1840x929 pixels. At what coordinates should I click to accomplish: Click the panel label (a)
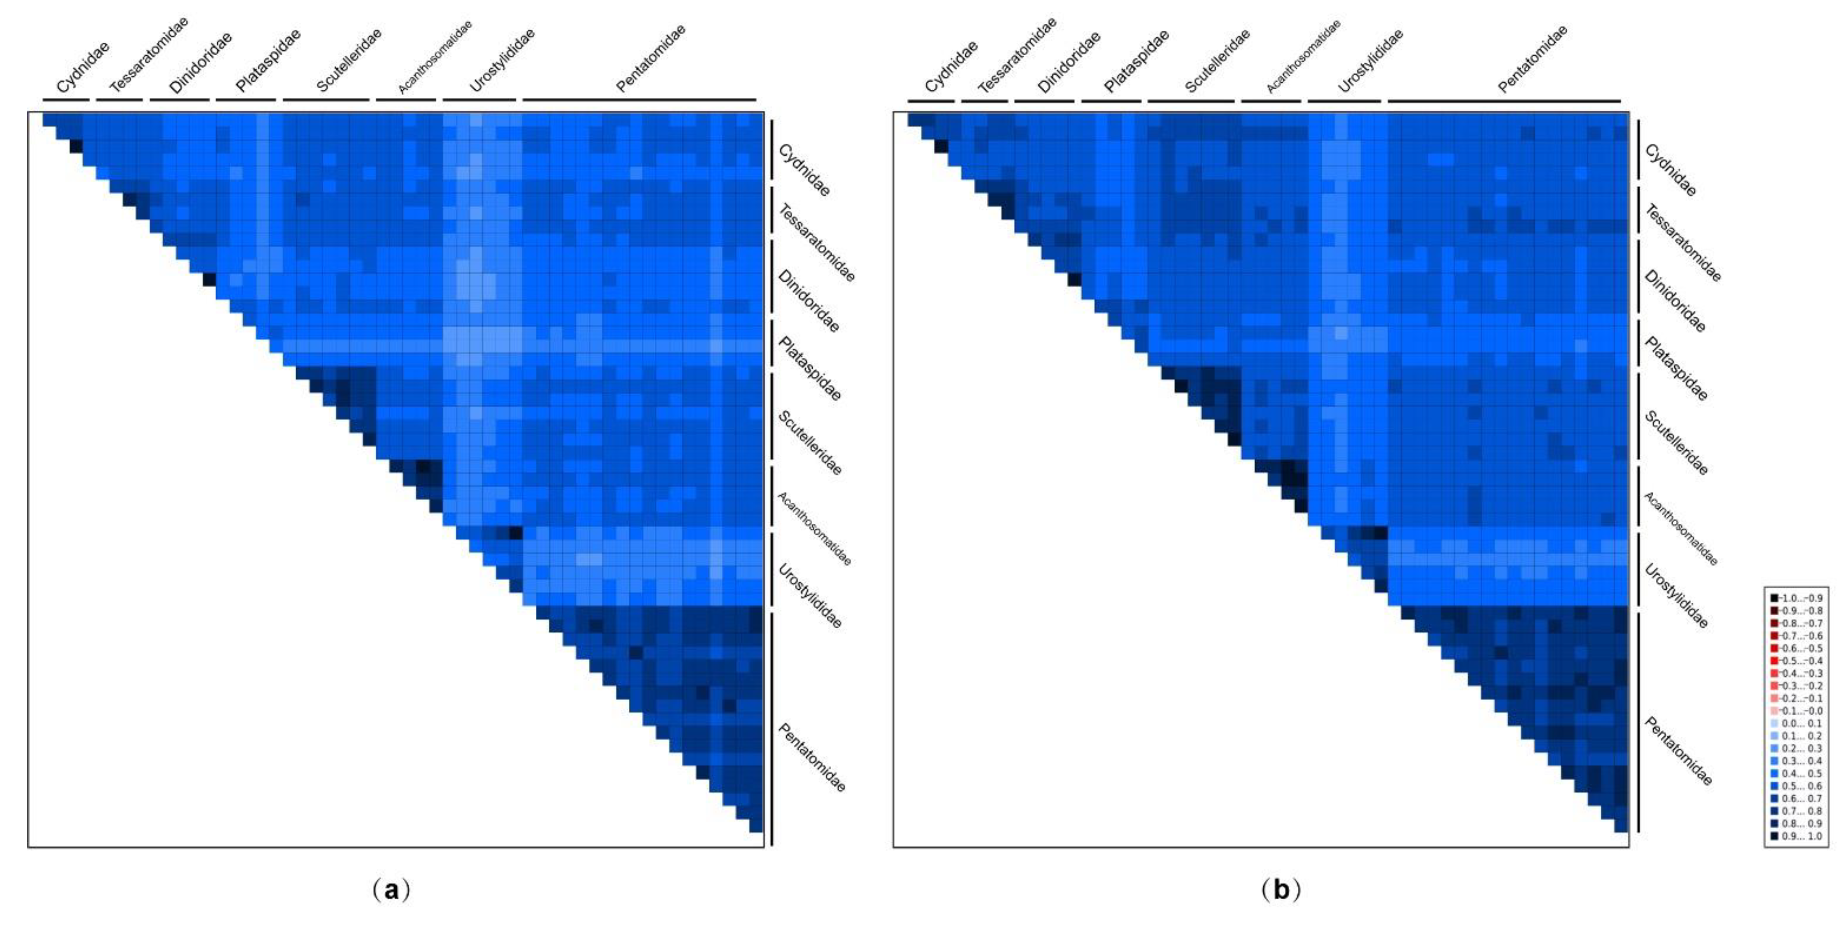pos(392,890)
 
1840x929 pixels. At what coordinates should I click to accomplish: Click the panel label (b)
pos(1281,890)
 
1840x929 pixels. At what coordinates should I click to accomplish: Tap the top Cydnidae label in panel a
pos(83,68)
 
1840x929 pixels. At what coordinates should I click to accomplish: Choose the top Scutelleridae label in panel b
pos(1217,61)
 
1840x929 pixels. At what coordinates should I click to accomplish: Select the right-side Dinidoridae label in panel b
pos(1675,300)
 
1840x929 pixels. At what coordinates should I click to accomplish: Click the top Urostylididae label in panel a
pos(502,61)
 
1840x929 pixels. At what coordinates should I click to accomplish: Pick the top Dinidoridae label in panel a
pos(201,63)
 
